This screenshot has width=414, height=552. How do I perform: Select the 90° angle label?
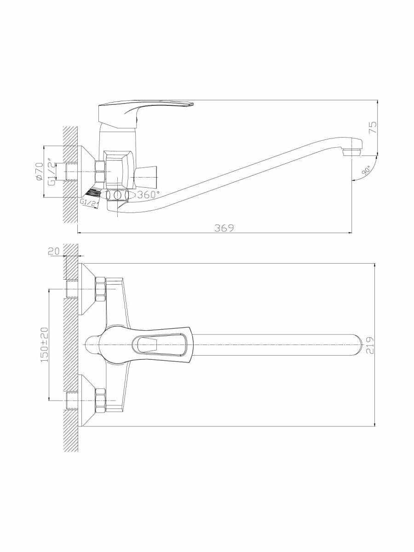click(366, 171)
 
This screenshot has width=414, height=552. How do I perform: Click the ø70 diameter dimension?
click(40, 171)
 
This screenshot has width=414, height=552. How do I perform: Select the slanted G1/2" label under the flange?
click(88, 202)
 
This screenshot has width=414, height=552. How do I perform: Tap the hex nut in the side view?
click(100, 171)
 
